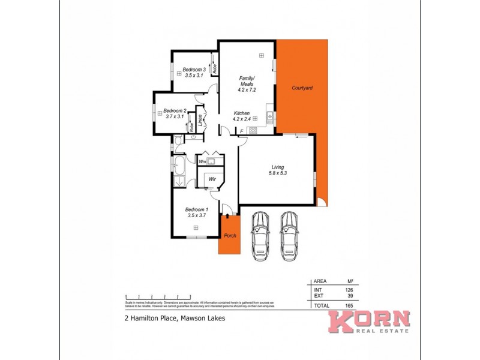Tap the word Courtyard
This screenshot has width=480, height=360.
tap(302, 88)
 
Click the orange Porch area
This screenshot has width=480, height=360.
tap(230, 235)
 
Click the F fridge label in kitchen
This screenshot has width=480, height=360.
tap(241, 131)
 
